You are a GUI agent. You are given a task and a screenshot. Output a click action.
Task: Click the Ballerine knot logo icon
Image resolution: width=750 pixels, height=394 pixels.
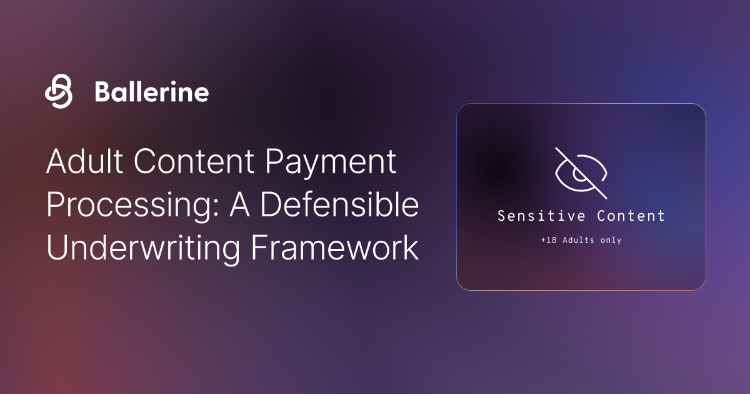coord(59,91)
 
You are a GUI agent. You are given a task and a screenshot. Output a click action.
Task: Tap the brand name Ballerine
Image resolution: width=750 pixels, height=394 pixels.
coord(151,92)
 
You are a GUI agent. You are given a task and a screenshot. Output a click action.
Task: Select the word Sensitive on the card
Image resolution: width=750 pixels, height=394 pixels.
coord(541,216)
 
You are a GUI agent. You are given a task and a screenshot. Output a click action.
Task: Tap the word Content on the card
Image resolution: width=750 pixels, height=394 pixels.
coord(631,216)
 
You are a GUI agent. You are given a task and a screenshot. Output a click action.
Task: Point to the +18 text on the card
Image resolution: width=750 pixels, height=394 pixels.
coord(547,240)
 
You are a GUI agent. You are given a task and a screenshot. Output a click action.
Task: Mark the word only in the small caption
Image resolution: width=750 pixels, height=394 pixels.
coord(610,240)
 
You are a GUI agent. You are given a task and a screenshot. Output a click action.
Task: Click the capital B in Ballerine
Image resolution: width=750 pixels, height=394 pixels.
coord(102,92)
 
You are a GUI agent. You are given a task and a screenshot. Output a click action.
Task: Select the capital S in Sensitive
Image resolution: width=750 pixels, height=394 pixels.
coord(501,216)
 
